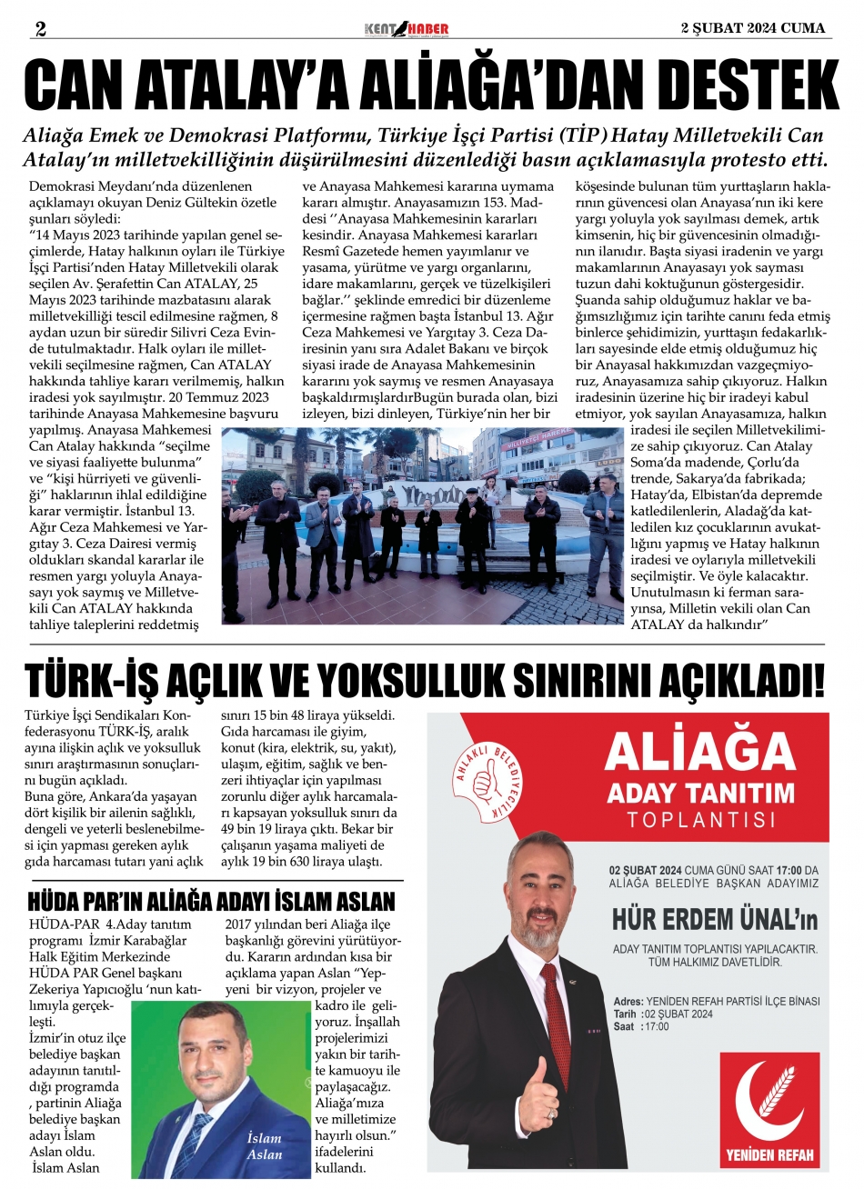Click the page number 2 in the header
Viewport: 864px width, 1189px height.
click(40, 27)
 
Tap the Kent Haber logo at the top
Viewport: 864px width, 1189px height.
click(406, 29)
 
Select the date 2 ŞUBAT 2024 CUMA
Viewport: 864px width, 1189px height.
click(753, 28)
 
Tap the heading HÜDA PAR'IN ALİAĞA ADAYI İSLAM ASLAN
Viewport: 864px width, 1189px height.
click(213, 902)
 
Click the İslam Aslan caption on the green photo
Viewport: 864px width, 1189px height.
click(265, 1146)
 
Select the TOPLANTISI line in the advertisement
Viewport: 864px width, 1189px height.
click(701, 820)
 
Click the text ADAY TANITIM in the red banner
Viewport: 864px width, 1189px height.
click(701, 793)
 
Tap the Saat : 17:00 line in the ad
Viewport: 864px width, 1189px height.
click(642, 1026)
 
